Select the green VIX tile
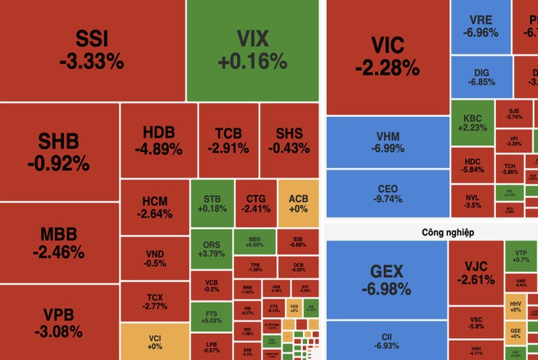click(x=252, y=49)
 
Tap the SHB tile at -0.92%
click(x=60, y=152)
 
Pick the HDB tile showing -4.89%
click(x=158, y=140)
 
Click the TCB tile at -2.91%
click(x=233, y=140)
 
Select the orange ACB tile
click(x=298, y=204)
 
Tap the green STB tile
click(x=212, y=204)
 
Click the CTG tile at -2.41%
click(x=255, y=204)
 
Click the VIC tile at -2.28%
click(x=388, y=57)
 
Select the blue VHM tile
click(x=387, y=142)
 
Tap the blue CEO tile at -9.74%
click(x=387, y=193)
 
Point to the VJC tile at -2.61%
click(x=475, y=273)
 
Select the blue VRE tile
click(x=483, y=26)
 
